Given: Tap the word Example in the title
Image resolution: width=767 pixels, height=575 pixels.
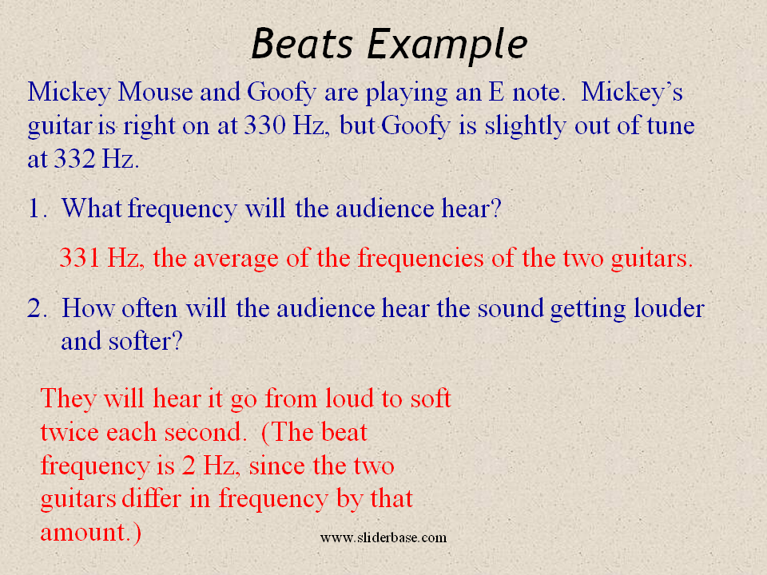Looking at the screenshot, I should click(x=447, y=46).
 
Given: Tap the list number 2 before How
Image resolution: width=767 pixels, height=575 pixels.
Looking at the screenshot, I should click(x=37, y=309).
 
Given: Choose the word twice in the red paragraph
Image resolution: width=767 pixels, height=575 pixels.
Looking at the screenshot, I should click(x=70, y=432).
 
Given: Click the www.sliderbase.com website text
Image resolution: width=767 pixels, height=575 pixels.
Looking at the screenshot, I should click(x=383, y=537).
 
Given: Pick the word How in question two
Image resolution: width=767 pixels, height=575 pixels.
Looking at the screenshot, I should click(x=86, y=309).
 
